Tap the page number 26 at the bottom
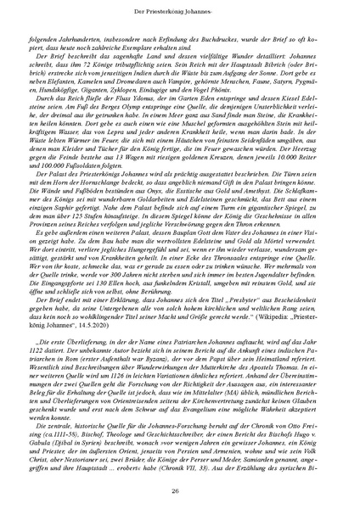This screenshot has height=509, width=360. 179,489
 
